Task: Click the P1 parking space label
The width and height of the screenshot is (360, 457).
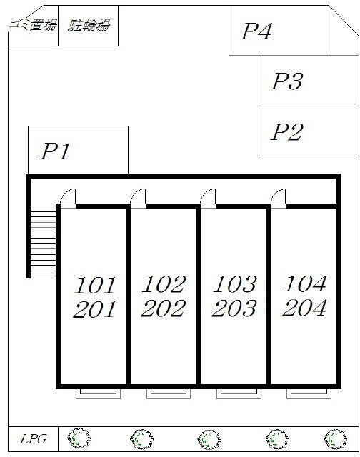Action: (x=55, y=151)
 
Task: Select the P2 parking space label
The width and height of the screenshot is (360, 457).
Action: (x=287, y=131)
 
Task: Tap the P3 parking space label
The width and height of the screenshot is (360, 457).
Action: (x=287, y=81)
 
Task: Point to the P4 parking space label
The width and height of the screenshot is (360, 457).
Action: (x=256, y=31)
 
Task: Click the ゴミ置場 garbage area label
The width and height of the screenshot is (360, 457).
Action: (x=33, y=25)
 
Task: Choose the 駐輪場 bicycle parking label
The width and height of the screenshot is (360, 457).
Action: (x=89, y=25)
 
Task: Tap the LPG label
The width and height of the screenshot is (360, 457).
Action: (x=34, y=439)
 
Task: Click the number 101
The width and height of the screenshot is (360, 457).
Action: (x=95, y=286)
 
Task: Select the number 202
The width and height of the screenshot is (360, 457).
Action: (x=164, y=308)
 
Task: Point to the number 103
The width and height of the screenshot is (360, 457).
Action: (x=235, y=284)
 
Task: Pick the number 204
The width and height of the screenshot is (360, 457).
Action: (x=304, y=308)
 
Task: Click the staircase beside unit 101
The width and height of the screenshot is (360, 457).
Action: (x=43, y=241)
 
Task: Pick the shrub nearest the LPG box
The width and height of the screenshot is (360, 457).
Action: (x=79, y=438)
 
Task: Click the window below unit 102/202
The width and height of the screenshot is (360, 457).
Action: (x=169, y=393)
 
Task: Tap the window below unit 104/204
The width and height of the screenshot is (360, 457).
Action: (x=309, y=393)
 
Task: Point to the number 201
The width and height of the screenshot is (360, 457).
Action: (x=94, y=309)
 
